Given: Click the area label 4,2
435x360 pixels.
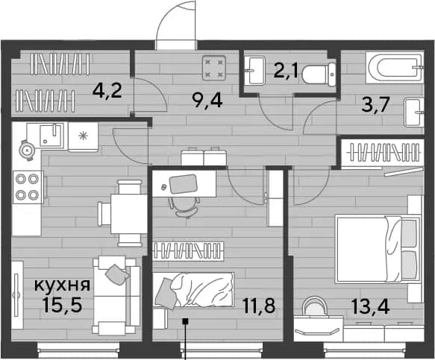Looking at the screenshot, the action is [107, 91].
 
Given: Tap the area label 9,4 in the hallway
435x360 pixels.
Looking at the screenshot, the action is [207, 101].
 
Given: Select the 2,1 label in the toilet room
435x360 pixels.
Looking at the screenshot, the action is [286, 72].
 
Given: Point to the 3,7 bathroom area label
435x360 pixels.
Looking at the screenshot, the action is [376, 104].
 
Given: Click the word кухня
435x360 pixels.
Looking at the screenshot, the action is [62, 285].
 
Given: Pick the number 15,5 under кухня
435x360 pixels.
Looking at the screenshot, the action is [63, 304].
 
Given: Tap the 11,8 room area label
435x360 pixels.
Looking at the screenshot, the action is [260, 306].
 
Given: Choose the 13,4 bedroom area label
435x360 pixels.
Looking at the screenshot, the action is [370, 306].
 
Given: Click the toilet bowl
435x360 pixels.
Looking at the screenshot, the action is [319, 75].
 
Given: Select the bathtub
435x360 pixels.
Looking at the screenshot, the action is [395, 68].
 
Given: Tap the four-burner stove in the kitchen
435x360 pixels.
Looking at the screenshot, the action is [28, 187].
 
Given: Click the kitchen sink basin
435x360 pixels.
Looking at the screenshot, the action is [51, 135].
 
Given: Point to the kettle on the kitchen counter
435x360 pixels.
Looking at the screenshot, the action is [27, 151].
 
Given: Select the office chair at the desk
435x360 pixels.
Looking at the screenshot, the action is [184, 206].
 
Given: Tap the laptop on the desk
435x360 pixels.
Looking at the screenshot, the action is [184, 184].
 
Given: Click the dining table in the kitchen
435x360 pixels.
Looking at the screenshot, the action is [129, 214].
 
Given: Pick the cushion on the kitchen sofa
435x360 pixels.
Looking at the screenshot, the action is [117, 274].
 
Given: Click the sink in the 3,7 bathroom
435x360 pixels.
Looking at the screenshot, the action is [414, 113].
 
